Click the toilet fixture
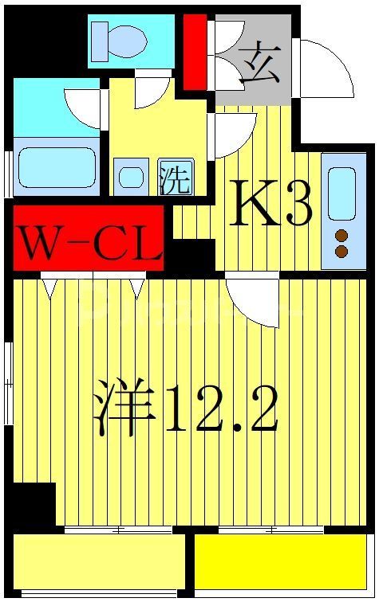pos(120,40)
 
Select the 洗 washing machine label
pos(174,178)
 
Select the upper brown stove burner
pos(342,236)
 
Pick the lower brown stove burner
pos(342,252)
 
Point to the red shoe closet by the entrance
pos(194,52)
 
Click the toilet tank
pos(101,40)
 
